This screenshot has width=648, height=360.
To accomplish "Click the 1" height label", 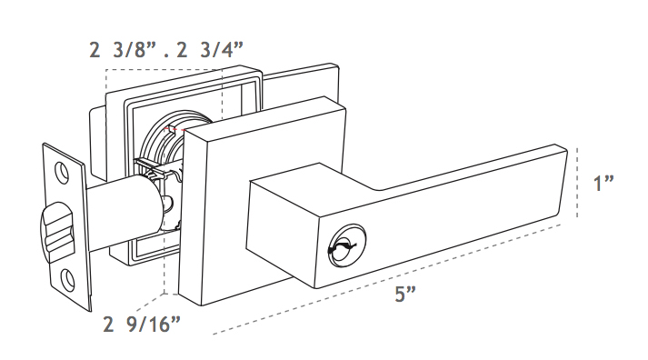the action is tap(603, 183).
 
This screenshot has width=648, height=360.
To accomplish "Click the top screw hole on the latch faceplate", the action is tap(62, 170).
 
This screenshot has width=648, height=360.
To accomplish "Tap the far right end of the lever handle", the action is tap(565, 182).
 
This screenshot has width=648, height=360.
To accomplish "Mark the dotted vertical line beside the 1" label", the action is tap(579, 183).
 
